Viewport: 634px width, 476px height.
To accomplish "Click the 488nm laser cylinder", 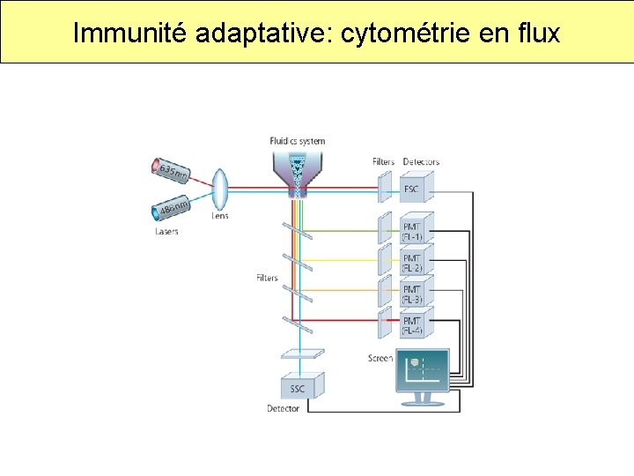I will pyautogui.click(x=172, y=210).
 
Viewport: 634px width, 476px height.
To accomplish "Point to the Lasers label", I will pyautogui.click(x=166, y=232).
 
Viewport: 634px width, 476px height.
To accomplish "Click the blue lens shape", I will pyautogui.click(x=220, y=188).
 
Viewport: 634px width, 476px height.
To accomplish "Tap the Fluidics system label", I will pyautogui.click(x=297, y=141).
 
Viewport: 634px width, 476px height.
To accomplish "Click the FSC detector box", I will pyautogui.click(x=412, y=189).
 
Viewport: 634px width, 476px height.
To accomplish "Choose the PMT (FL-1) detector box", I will pyautogui.click(x=412, y=231).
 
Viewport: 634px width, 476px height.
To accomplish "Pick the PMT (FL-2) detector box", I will pyautogui.click(x=412, y=263).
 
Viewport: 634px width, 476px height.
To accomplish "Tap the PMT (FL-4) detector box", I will pyautogui.click(x=412, y=325).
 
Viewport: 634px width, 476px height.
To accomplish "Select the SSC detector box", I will pyautogui.click(x=299, y=388).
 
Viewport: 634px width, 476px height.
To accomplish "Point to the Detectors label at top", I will pyautogui.click(x=421, y=162).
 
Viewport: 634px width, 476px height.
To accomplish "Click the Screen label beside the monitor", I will pyautogui.click(x=380, y=359).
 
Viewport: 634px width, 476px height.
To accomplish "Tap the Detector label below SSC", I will pyautogui.click(x=283, y=409).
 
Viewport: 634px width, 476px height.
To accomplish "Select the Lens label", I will pyautogui.click(x=220, y=215).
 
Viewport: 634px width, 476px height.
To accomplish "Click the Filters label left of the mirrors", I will pyautogui.click(x=267, y=279).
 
